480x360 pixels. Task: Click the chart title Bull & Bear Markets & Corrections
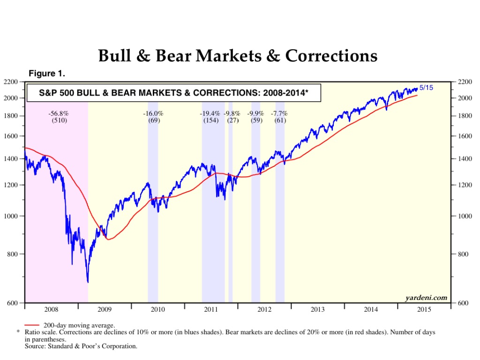(238, 56)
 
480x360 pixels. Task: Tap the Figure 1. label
(47, 74)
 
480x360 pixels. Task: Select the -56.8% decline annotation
(59, 113)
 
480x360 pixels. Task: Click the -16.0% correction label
(153, 113)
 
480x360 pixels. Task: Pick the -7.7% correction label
(279, 113)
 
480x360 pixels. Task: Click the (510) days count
(59, 120)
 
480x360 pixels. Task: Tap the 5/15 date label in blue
(426, 88)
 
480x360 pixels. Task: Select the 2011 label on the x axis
(211, 309)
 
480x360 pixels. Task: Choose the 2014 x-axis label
(371, 309)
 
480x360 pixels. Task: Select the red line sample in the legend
(31, 325)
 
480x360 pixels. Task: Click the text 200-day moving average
(79, 325)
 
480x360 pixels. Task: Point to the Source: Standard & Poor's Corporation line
(81, 346)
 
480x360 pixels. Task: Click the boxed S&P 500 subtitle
(173, 93)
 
